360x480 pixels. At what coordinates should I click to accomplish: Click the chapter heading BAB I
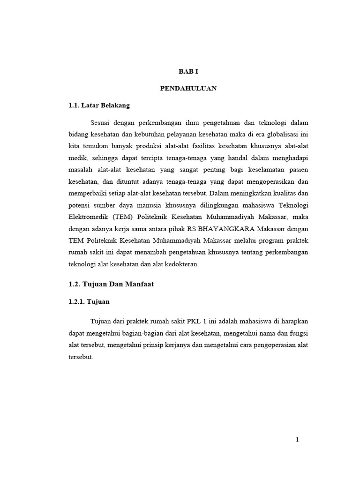pos(189,71)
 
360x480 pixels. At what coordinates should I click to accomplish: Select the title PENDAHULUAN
pos(188,88)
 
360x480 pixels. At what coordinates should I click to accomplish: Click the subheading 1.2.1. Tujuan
pos(89,302)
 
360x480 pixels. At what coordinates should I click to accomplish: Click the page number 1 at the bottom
pos(297,439)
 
